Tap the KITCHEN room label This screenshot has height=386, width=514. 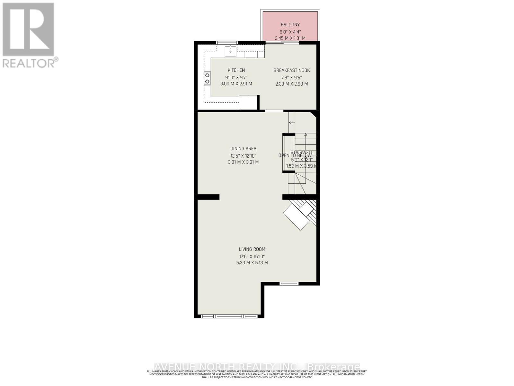click(x=236, y=70)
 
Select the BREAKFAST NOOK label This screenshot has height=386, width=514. click(x=291, y=70)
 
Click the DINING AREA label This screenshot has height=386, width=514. click(x=243, y=149)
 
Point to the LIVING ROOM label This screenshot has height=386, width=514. click(x=252, y=249)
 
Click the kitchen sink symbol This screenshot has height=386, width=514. click(x=230, y=51)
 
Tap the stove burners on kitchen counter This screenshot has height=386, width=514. click(x=208, y=78)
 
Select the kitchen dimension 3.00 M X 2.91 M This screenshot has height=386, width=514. click(x=236, y=84)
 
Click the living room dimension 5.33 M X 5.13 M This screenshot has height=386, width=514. click(x=252, y=263)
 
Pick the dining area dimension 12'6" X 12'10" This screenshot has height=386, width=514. click(x=243, y=156)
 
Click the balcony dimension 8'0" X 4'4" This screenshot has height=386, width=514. click(x=290, y=32)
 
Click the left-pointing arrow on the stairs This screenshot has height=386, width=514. click(x=291, y=123)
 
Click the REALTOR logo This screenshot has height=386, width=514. click(x=29, y=35)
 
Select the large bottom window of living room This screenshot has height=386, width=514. click(x=229, y=316)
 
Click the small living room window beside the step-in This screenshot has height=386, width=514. click(x=288, y=284)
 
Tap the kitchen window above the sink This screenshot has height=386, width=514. click(x=227, y=42)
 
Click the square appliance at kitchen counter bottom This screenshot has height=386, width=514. click(x=248, y=103)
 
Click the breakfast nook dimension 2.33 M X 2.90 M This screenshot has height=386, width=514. click(x=291, y=84)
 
